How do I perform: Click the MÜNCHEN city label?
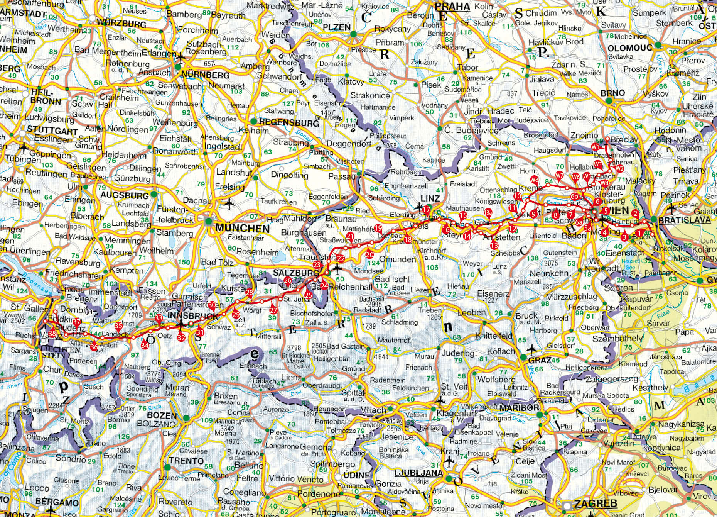point(242,228)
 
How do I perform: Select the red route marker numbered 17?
point(426,210)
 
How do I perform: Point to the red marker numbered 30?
point(212,305)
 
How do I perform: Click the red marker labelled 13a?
point(488,212)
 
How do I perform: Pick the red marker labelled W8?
point(534,180)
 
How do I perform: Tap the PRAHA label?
point(452,7)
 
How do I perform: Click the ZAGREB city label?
point(596,503)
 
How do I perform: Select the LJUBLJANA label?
point(418,473)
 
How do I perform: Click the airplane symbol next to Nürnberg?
point(180,58)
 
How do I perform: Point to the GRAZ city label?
point(540,360)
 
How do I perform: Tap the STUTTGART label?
point(52,131)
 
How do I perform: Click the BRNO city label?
point(612,93)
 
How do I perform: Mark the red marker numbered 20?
point(369,254)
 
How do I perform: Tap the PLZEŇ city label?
point(336,27)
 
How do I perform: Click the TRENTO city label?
point(186,461)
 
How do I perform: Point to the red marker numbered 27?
point(273,310)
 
